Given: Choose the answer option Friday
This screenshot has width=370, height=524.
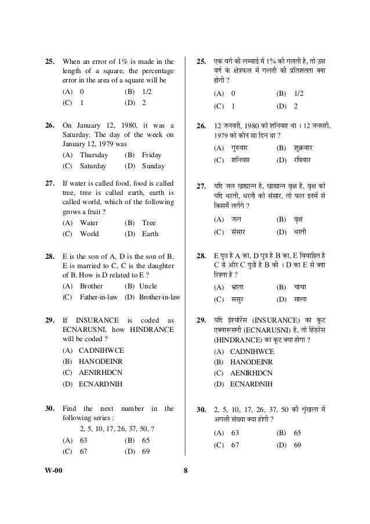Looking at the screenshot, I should pos(151,155).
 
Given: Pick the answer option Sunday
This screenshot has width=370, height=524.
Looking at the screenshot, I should pos(153,166).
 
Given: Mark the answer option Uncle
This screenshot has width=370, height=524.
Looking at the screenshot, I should pos(151,286).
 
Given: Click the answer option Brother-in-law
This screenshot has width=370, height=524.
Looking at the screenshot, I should pos(158,297).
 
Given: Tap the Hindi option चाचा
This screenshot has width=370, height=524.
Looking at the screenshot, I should pos(304,287).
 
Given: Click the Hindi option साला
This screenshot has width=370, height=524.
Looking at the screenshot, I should pos(304,299).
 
